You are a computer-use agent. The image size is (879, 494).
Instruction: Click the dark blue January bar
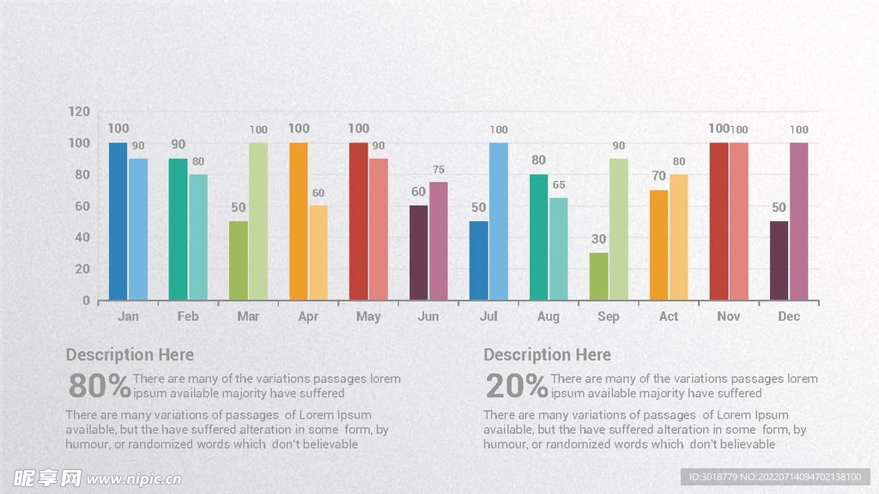click(118, 221)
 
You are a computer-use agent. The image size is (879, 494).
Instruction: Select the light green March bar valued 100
click(258, 221)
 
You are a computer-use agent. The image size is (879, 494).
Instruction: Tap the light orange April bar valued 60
click(318, 253)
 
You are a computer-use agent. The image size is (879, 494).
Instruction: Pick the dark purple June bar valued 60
click(418, 253)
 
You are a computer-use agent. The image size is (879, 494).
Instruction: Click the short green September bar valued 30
click(598, 276)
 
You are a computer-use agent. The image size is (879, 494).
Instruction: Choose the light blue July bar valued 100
click(499, 221)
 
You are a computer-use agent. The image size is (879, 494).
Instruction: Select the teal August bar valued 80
click(538, 238)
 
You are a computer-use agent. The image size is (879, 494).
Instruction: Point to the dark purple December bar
click(779, 261)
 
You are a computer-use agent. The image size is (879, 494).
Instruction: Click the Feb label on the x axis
click(188, 316)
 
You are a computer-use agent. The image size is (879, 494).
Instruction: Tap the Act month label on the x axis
click(669, 316)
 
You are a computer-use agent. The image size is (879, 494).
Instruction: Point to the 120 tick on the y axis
click(79, 111)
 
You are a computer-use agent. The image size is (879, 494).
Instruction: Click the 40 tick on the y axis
click(82, 238)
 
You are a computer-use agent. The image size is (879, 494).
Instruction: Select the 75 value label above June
click(439, 170)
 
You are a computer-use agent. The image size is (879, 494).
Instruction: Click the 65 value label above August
click(559, 185)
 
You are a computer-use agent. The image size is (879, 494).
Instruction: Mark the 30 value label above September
click(597, 239)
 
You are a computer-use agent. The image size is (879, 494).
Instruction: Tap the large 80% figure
click(99, 387)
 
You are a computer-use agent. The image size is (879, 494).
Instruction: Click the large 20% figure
click(516, 387)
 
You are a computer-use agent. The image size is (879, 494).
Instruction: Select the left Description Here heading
click(130, 355)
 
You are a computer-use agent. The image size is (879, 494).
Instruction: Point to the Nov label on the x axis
click(729, 316)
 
